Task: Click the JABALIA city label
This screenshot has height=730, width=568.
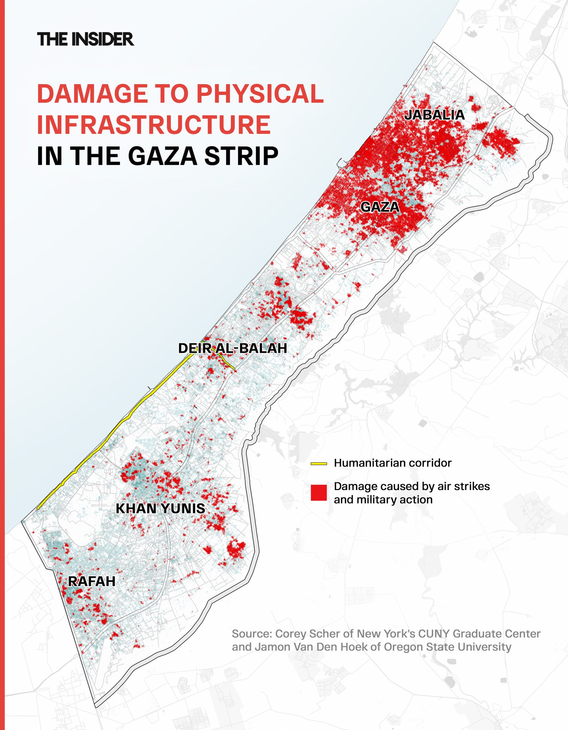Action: tap(434, 115)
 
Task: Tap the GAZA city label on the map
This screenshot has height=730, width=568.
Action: tap(380, 207)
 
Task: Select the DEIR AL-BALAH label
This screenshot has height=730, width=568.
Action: tap(232, 348)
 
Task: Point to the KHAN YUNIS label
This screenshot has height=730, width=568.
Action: tap(160, 508)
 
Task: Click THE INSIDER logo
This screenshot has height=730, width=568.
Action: tap(86, 39)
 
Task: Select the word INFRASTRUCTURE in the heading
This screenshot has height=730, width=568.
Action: tap(154, 125)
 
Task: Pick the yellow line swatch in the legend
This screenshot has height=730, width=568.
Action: tap(319, 464)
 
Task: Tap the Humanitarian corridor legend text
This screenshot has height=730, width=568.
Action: tap(393, 463)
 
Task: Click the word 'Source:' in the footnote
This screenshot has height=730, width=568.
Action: tap(252, 634)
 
